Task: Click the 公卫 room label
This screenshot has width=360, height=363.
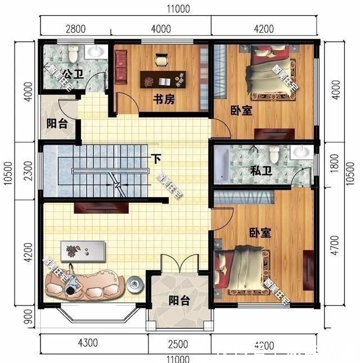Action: [70, 73]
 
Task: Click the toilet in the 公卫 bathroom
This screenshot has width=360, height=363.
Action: [73, 54]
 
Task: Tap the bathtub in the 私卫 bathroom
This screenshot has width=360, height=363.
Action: [221, 164]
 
